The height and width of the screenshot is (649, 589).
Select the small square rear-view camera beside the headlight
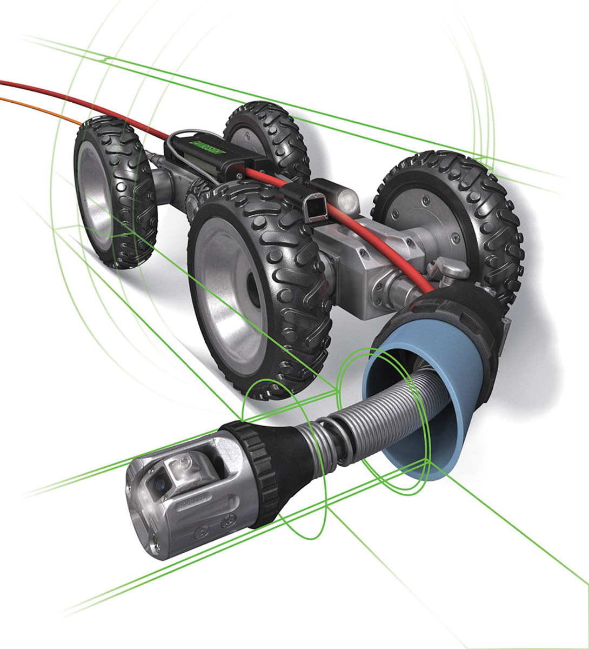coord(316,209)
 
